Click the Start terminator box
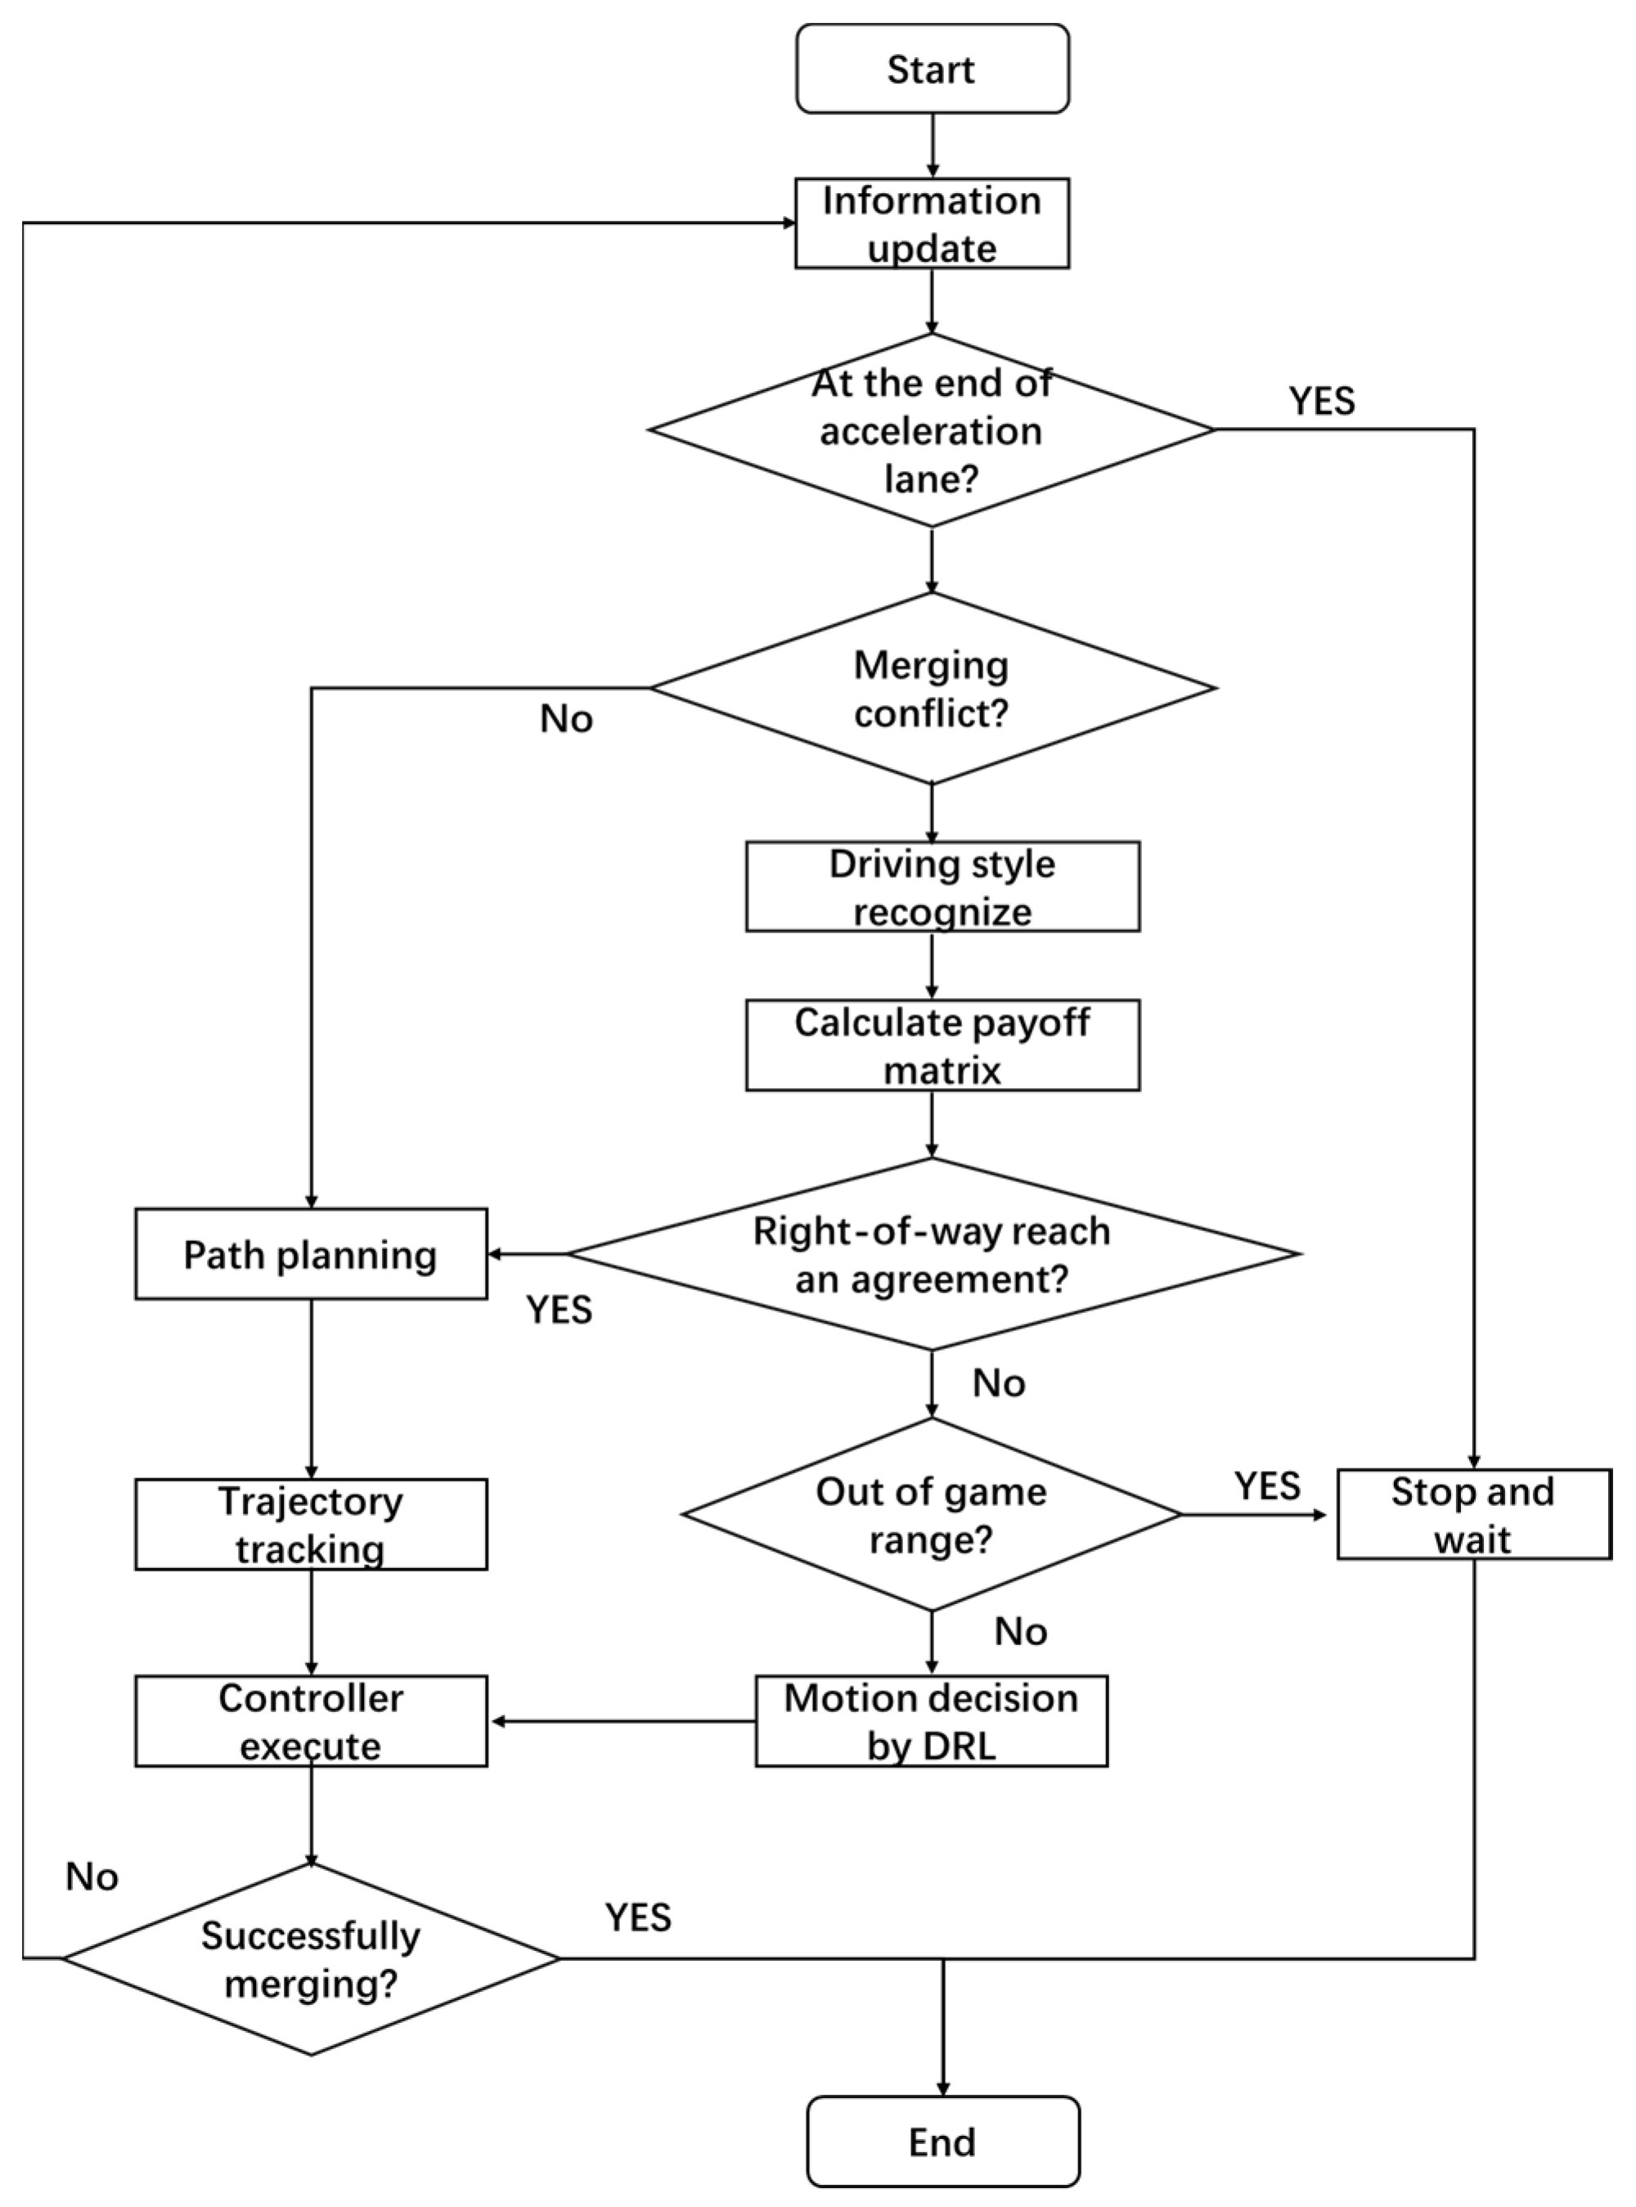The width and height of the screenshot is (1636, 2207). coord(932,70)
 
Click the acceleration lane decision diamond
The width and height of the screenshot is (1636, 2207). coord(931,429)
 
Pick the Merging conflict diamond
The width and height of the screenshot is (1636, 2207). coord(931,688)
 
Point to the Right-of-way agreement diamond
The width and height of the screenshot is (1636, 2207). coord(932,1255)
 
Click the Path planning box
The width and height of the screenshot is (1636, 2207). coord(311,1255)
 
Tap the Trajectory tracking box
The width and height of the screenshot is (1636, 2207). coord(311,1525)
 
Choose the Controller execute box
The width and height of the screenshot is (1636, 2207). coord(311,1722)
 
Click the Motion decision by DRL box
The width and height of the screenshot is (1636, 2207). coord(931,1722)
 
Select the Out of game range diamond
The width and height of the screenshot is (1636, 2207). coord(931,1515)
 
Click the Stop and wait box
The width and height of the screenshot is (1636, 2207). coord(1473,1515)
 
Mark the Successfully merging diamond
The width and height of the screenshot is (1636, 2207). coord(311,1958)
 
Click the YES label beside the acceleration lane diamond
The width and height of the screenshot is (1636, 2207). coord(1322,401)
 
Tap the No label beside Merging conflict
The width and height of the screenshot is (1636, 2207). coord(565,719)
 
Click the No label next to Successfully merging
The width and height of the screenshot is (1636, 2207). coord(92,1877)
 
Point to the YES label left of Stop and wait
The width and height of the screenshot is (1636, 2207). coord(1266,1486)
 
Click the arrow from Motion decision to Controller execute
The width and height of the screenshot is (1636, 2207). coord(624,1722)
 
